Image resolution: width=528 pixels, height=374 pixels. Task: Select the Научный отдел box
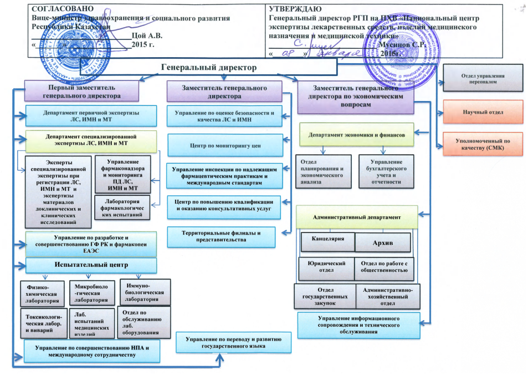click(483, 112)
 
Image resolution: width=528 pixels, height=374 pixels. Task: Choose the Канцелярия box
click(327, 239)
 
